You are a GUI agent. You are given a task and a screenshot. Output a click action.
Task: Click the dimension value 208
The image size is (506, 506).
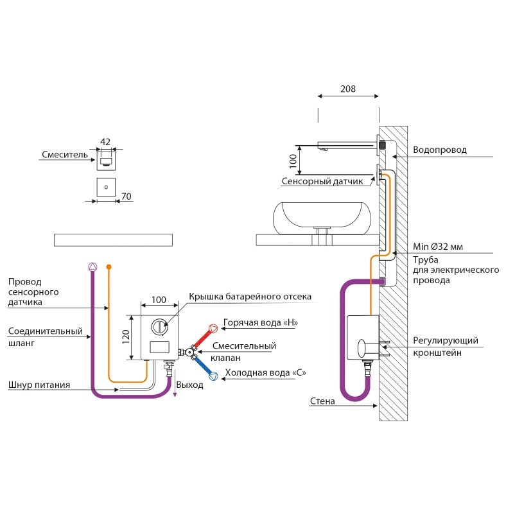tap(348, 89)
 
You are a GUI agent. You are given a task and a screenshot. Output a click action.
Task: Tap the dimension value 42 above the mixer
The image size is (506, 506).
tap(105, 142)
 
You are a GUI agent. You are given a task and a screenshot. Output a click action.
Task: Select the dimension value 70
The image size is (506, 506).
tap(126, 196)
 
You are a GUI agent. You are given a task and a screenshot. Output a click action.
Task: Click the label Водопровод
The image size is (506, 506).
tap(439, 150)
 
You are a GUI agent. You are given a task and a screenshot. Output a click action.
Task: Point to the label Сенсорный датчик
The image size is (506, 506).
tap(322, 181)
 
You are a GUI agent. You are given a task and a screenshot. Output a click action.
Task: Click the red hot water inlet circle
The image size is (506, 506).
tap(213, 329)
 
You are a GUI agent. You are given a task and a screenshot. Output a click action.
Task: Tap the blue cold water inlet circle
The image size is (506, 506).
tap(213, 376)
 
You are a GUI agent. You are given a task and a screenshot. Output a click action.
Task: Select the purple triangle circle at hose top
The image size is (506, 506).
tap(92, 267)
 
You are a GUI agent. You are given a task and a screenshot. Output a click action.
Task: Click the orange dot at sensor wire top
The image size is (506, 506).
tap(109, 267)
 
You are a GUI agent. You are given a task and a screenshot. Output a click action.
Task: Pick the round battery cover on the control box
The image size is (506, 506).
tap(159, 327)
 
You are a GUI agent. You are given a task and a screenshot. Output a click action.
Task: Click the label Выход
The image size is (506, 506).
tap(189, 385)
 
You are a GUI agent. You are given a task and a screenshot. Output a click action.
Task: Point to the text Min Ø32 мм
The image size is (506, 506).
tap(438, 247)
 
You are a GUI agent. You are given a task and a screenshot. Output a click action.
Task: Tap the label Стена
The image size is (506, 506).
tap(322, 401)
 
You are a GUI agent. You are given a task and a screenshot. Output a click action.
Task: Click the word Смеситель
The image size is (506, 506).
tap(65, 155)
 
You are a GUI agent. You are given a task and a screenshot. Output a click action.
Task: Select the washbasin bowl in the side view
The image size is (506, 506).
tap(322, 218)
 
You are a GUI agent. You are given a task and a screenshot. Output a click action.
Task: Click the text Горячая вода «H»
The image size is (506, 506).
tap(261, 323)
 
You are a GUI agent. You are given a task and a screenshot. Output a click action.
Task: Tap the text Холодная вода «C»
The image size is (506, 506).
tap(265, 372)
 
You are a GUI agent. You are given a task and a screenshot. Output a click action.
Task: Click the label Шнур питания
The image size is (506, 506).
tap(39, 385)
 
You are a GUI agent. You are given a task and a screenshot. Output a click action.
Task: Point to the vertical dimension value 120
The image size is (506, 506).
tap(126, 337)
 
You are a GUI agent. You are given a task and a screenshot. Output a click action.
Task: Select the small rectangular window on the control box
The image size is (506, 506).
tap(159, 347)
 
